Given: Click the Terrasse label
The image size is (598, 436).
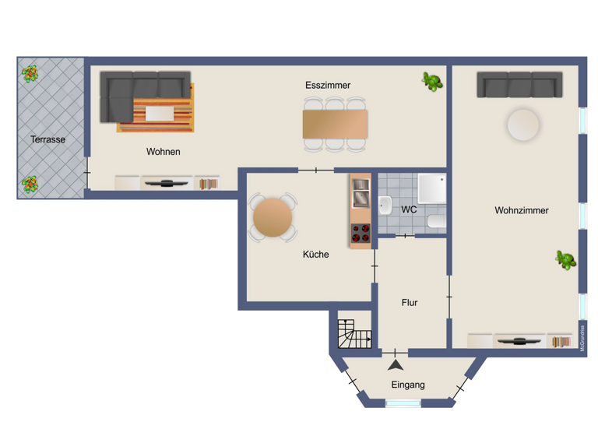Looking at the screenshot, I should (x=47, y=140).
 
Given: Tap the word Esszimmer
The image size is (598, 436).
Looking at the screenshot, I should (x=327, y=86).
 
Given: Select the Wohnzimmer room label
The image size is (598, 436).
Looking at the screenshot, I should (x=521, y=210).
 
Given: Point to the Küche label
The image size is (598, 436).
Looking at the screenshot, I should (x=315, y=254).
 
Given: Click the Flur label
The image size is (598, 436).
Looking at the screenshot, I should (x=410, y=303).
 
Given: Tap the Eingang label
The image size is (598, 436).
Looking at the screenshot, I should (x=408, y=385).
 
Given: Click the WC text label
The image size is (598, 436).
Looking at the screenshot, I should (x=409, y=209).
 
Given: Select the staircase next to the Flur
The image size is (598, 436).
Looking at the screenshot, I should (x=354, y=334).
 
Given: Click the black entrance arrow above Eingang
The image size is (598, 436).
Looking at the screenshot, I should (x=396, y=364).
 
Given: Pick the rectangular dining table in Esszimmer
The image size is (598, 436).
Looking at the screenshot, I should (x=335, y=125).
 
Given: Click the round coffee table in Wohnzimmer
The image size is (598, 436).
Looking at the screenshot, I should (x=522, y=125).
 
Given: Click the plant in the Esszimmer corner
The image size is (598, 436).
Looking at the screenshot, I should (x=432, y=81).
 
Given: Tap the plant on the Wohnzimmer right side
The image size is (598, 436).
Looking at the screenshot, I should (x=565, y=260).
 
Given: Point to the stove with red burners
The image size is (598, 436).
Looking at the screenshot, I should (x=360, y=233).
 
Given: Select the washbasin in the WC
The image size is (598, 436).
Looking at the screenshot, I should (x=385, y=206).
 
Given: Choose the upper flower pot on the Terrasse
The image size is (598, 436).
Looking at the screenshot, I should (x=30, y=74).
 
